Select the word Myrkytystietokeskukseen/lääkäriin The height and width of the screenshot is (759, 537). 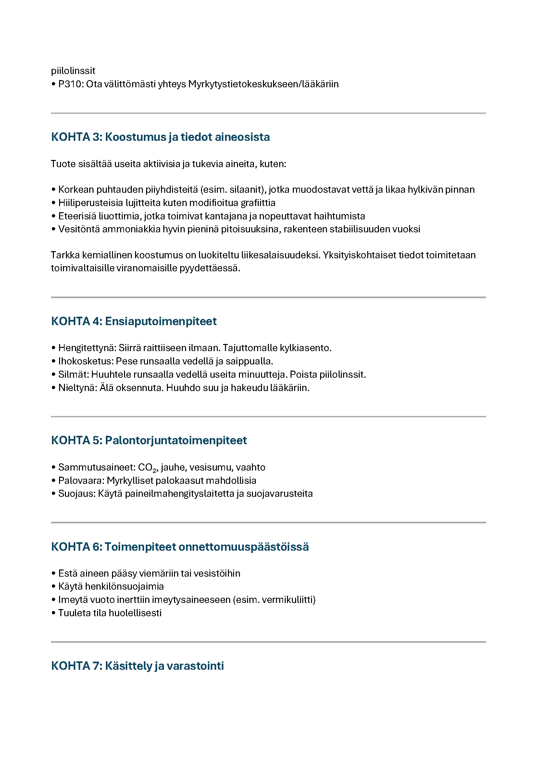coord(263,84)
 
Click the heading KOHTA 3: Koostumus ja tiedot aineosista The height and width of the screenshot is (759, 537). coord(160,137)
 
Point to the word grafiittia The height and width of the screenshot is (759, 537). coord(258,202)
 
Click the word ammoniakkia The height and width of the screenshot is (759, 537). coord(131,229)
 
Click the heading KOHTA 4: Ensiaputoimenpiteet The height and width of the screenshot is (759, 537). coord(134,321)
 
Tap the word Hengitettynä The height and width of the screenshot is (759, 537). coord(87,348)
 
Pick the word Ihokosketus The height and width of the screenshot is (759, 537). coord(86,361)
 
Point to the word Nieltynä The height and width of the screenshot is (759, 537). coord(77,388)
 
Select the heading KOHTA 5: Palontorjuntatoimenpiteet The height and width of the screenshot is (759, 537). coord(149,440)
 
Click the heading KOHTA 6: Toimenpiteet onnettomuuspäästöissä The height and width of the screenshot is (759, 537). coord(180,547)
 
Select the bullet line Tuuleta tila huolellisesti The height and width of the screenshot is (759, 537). coord(110,613)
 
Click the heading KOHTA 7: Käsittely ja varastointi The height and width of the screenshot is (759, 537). coord(138,666)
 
